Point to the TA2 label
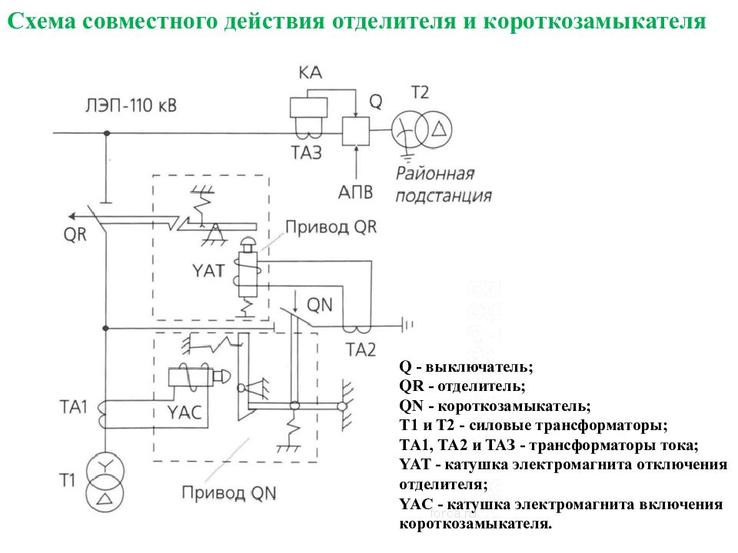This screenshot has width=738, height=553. [360, 350]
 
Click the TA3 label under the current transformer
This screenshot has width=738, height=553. [307, 153]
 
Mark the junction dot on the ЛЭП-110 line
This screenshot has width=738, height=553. [106, 133]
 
